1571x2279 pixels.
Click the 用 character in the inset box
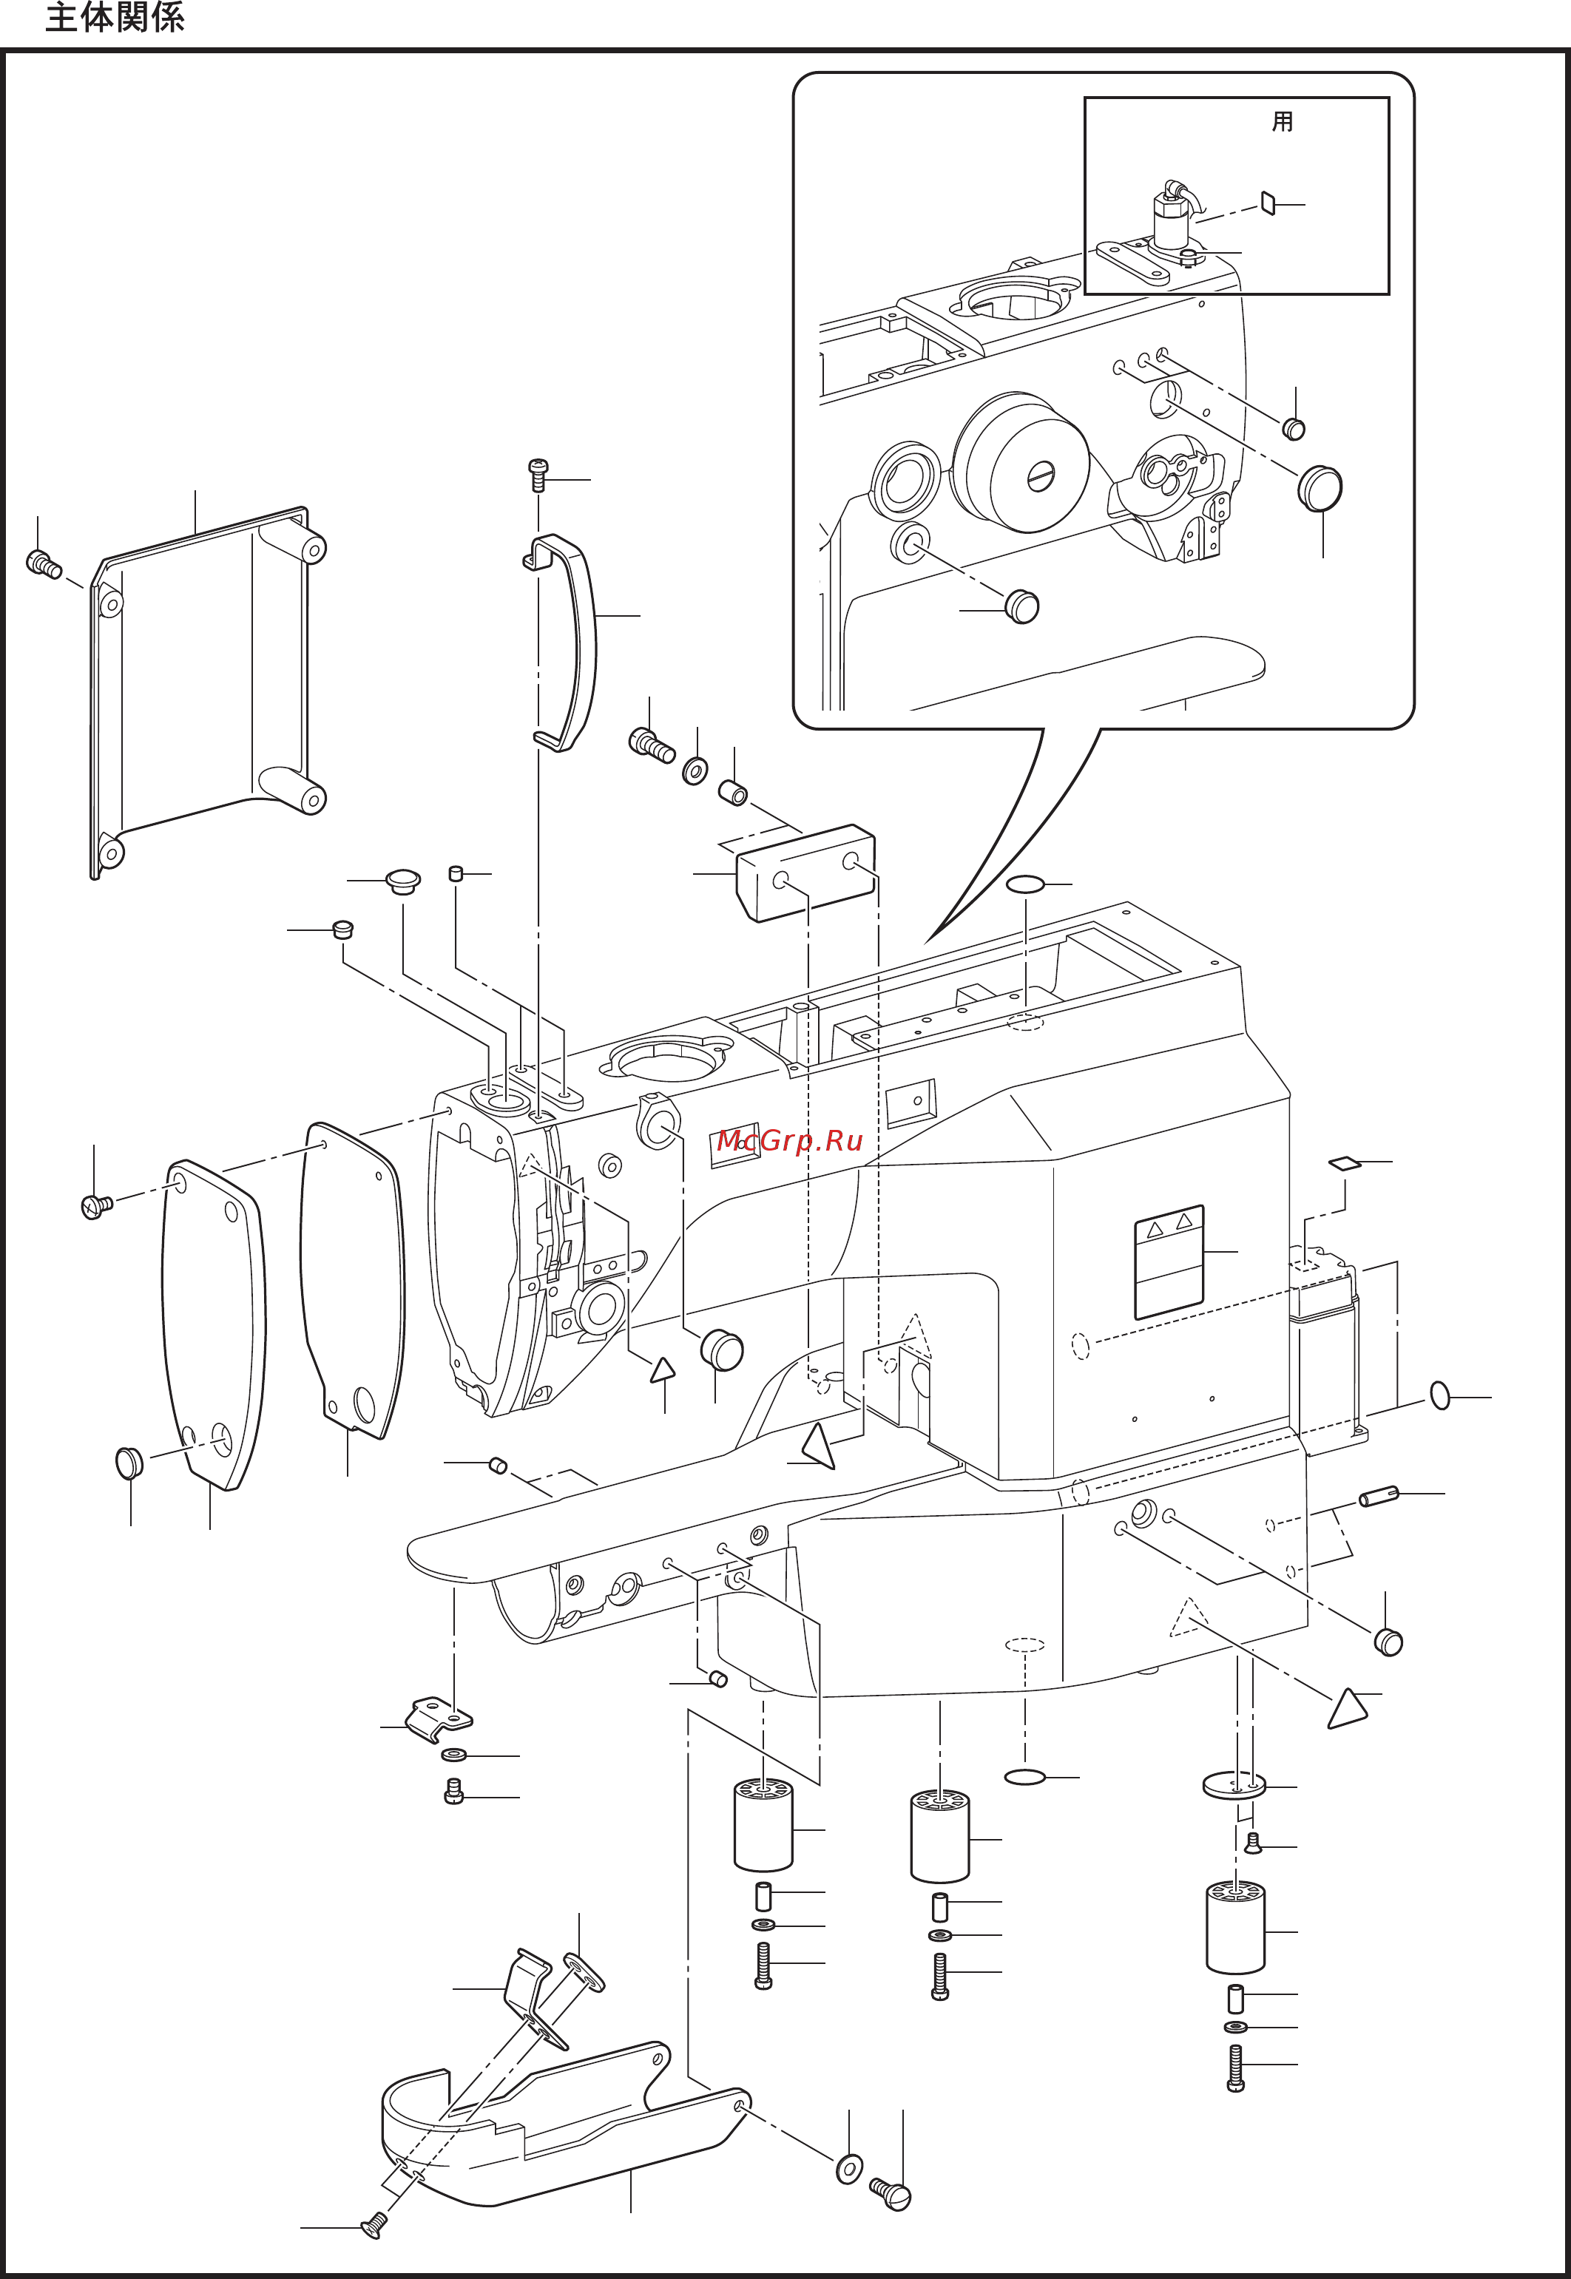coord(1282,122)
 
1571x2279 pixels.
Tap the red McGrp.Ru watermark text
coord(788,1140)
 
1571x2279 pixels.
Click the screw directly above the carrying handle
coord(538,473)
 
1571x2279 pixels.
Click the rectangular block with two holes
coord(806,872)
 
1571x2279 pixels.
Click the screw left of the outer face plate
coord(96,1205)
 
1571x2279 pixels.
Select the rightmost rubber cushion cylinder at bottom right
coord(1234,1927)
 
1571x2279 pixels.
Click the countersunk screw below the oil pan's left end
coord(375,2224)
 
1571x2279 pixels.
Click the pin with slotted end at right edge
coord(1378,1497)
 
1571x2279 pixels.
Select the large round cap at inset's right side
coord(1320,489)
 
